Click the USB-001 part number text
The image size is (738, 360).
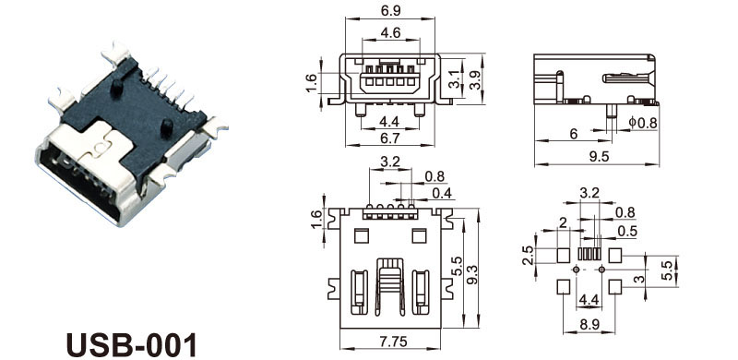[131, 345]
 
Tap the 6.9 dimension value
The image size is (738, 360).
[390, 9]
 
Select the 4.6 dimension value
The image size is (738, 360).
[390, 33]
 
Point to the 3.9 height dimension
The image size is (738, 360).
[476, 79]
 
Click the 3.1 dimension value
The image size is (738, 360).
[454, 78]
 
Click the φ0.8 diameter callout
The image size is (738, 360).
[642, 123]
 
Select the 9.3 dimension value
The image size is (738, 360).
[472, 274]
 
